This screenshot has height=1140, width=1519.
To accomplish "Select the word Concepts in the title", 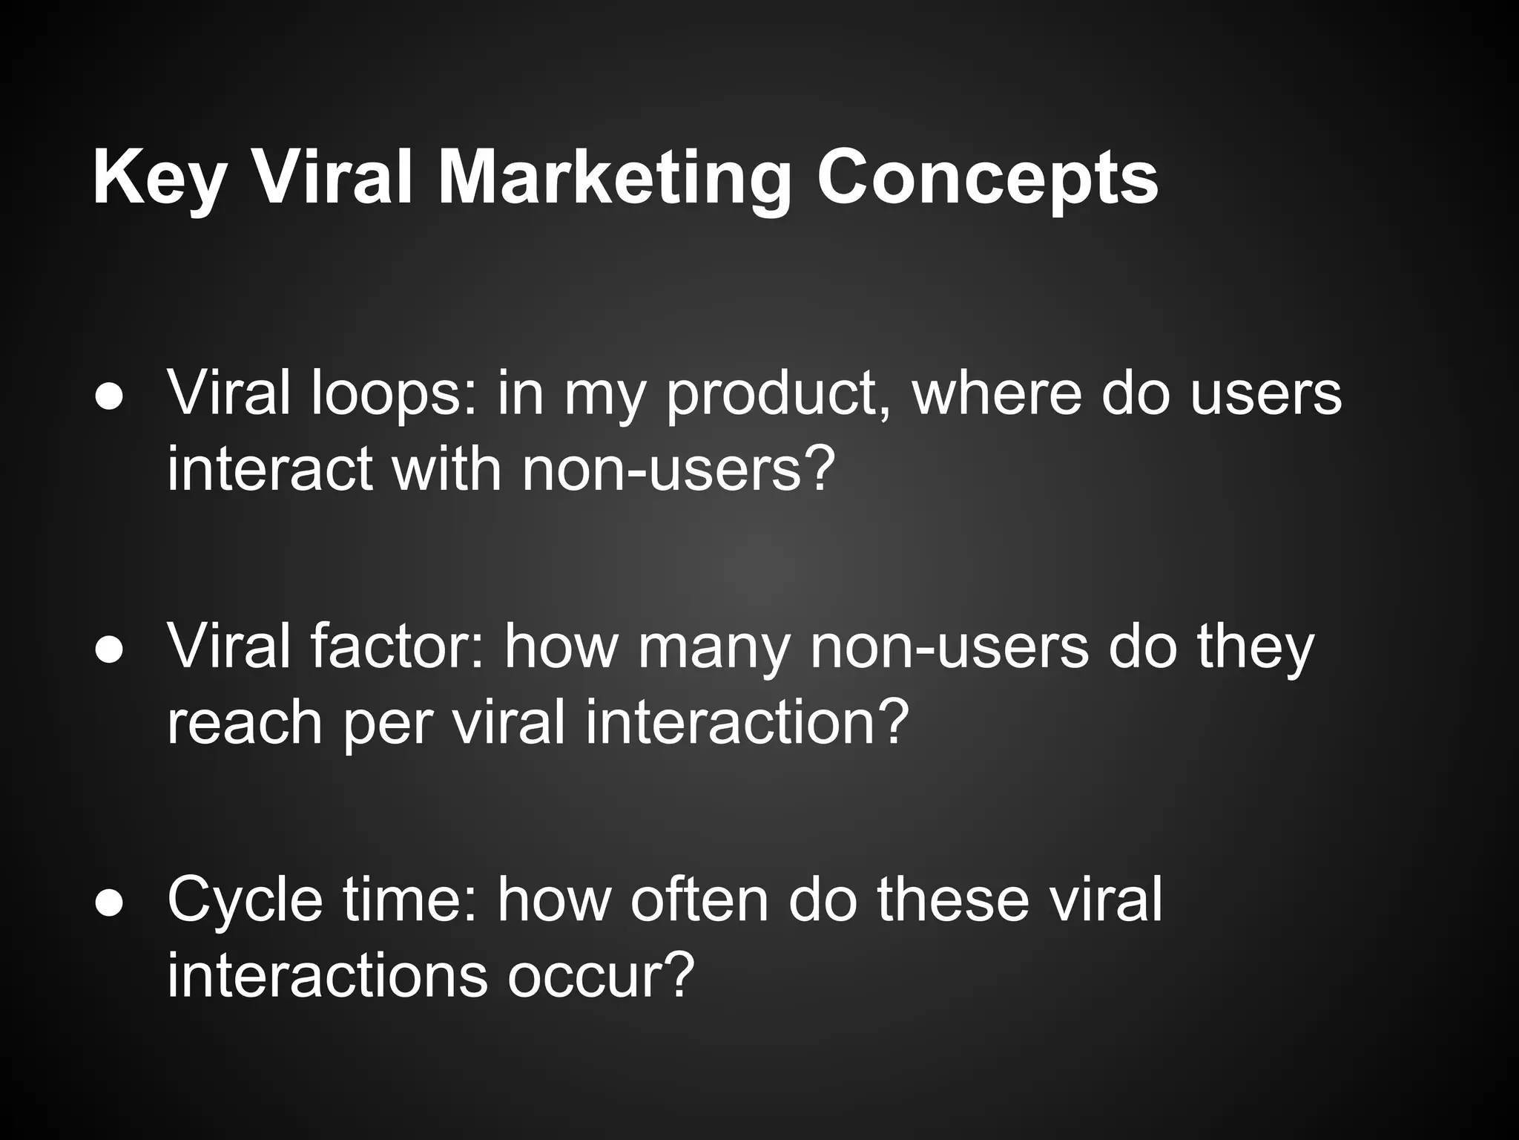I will click(987, 178).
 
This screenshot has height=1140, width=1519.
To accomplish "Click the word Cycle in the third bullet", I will click(245, 900).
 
